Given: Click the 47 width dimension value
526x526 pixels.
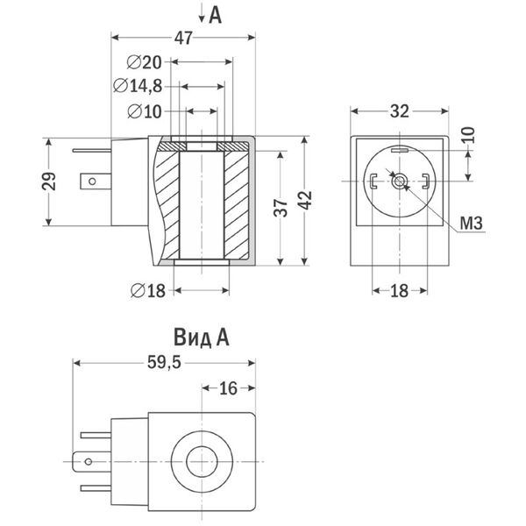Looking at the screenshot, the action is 183,38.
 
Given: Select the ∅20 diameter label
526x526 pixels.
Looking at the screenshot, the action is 145,62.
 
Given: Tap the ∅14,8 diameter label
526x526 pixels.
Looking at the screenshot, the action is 138,86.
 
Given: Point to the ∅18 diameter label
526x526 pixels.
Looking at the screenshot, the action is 148,290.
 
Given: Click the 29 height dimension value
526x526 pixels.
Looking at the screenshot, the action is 49,181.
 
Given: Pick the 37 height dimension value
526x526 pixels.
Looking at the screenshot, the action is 281,208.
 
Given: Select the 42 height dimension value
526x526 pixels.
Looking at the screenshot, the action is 305,200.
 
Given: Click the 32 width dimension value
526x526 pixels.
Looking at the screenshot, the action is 400,111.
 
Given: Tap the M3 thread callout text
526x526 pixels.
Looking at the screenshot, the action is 471,224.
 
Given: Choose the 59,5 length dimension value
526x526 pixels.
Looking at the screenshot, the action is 164,363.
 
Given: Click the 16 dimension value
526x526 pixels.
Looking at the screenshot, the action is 228,388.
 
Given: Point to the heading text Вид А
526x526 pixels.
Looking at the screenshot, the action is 202,338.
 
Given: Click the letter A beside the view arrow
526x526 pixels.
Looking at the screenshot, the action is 215,15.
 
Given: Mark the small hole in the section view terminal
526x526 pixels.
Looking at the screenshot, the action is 92,181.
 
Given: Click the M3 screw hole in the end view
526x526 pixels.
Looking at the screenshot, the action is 400,181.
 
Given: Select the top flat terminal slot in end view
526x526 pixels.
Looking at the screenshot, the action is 400,151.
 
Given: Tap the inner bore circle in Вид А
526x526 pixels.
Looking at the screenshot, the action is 202,462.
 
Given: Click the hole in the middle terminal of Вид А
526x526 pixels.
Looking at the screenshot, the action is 89,462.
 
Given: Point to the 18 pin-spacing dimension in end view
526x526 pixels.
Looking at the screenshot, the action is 399,290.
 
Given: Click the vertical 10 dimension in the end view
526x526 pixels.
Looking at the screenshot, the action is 469,135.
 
